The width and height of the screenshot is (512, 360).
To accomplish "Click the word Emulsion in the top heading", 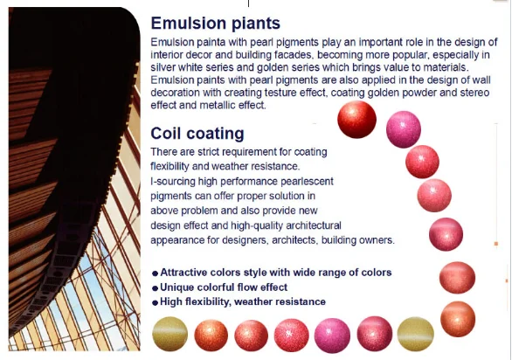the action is coord(184,24).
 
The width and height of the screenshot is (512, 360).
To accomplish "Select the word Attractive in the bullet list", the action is coord(183,273).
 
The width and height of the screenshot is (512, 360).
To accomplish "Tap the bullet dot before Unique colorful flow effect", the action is coord(156,288).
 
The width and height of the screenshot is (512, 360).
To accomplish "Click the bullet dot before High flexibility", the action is coord(156,302).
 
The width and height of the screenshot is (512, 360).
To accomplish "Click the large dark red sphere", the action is coord(356,120).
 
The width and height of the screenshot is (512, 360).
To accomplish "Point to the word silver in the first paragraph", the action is coord(163,67).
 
